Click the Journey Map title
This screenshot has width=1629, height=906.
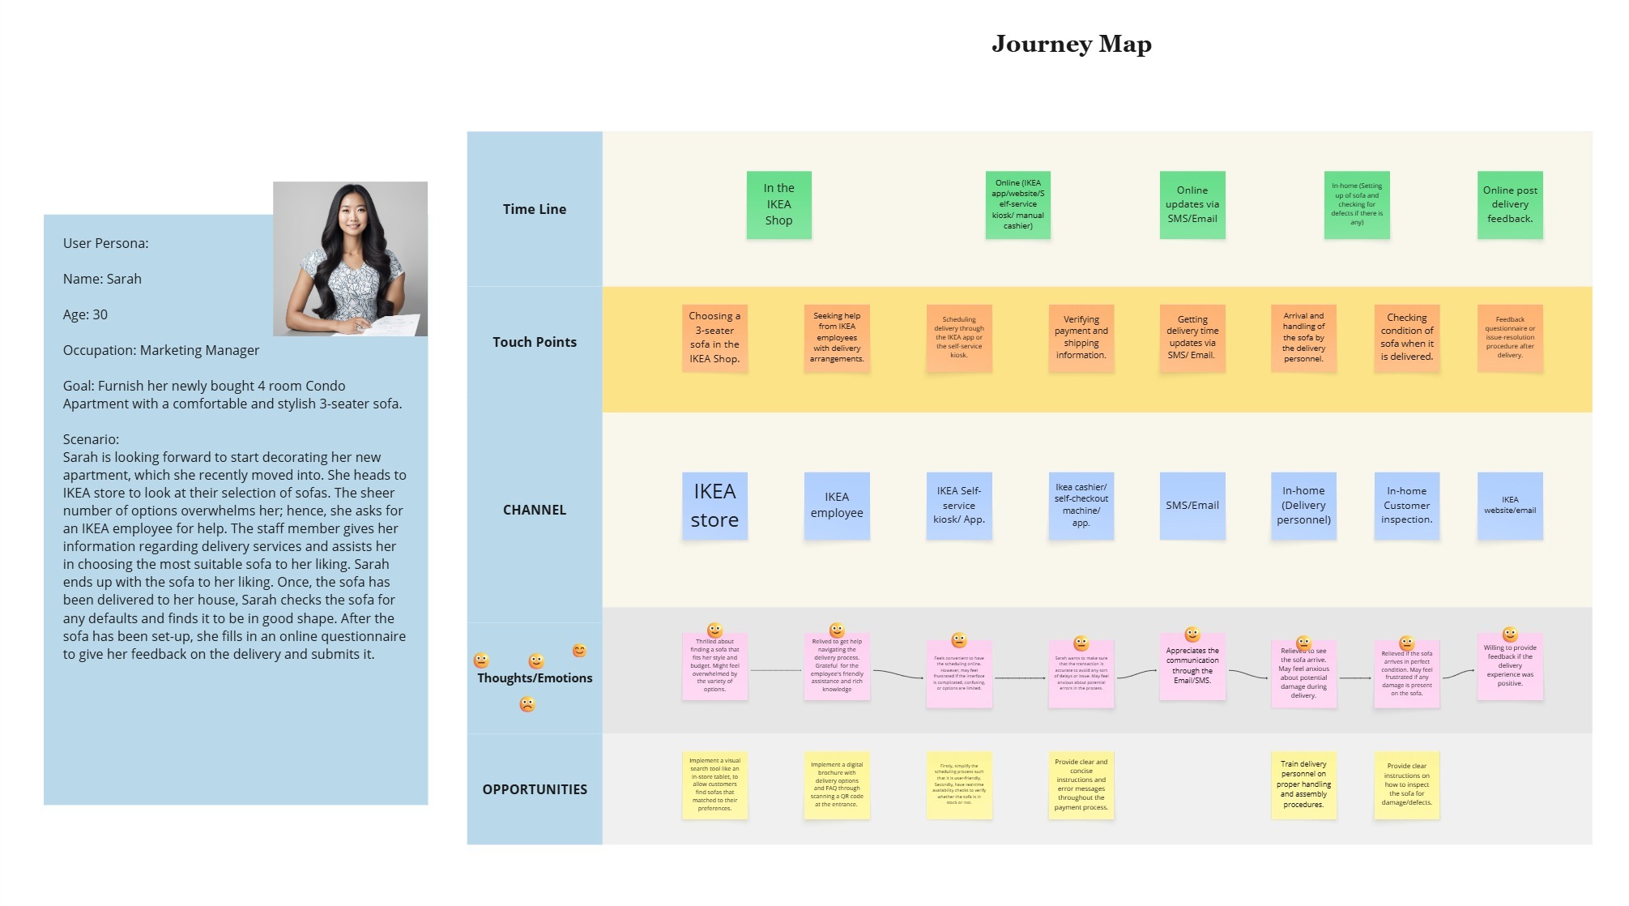pos(1071,44)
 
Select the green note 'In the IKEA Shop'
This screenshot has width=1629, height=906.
pos(778,204)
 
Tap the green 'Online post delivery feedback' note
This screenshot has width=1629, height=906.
pos(1510,204)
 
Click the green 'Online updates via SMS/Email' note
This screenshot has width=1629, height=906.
pos(1192,204)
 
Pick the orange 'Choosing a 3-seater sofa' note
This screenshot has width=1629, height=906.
pos(714,338)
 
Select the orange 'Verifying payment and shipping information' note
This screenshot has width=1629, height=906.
pos(1081,338)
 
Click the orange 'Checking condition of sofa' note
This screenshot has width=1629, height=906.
pos(1406,338)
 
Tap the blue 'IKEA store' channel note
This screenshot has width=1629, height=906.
pos(714,506)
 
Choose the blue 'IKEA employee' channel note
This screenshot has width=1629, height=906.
pos(837,506)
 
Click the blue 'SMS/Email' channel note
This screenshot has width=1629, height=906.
pos(1192,506)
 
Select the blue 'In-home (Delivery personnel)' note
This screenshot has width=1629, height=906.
pos(1303,506)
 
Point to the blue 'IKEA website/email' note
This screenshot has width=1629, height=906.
pos(1510,506)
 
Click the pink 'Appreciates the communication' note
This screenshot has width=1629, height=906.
pos(1192,666)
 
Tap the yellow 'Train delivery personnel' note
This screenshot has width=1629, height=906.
pos(1303,784)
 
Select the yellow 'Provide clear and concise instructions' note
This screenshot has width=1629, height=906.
pos(1081,784)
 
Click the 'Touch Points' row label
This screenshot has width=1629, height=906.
pos(535,342)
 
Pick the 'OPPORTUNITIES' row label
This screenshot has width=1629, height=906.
pos(535,789)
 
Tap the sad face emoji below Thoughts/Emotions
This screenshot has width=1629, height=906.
pos(527,704)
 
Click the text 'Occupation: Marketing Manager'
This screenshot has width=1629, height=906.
pos(161,350)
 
